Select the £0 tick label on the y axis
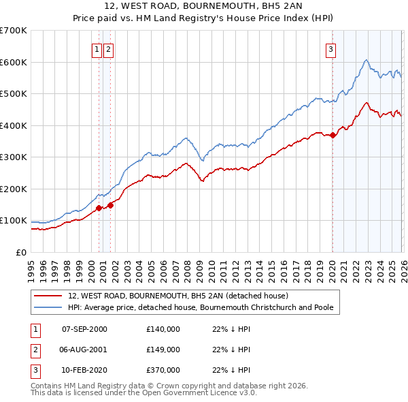(x=20, y=252)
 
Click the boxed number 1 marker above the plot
(x=97, y=49)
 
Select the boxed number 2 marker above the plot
(x=109, y=49)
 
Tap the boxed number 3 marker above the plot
(x=330, y=49)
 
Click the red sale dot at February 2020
(x=333, y=135)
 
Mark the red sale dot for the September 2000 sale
(x=99, y=208)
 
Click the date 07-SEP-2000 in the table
(x=84, y=329)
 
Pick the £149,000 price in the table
(x=163, y=350)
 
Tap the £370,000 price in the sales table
(x=163, y=370)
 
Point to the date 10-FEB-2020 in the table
(x=84, y=370)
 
